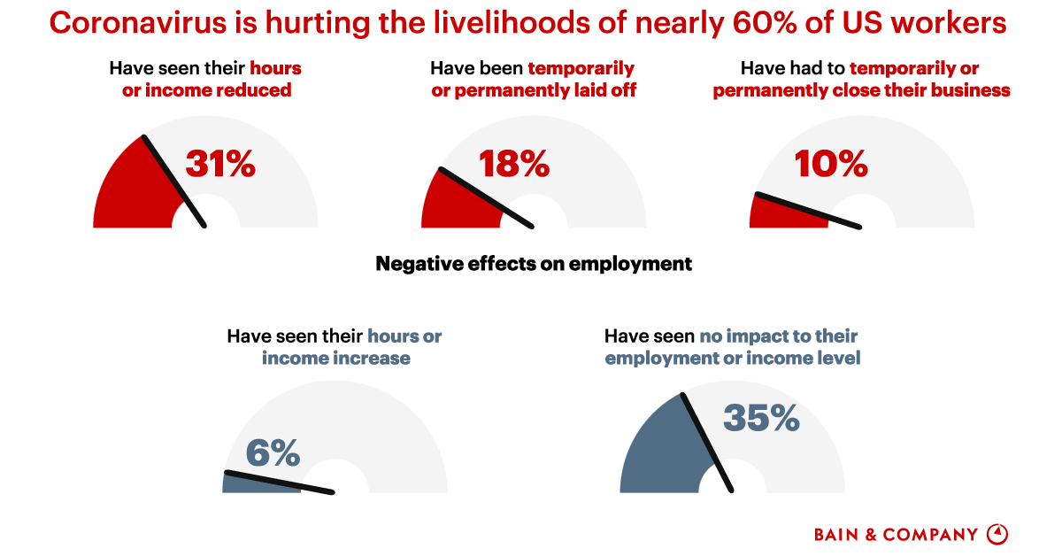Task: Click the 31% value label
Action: pos(220,164)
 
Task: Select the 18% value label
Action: pos(514,164)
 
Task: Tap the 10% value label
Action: pos(831,164)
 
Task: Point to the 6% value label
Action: pos(273,453)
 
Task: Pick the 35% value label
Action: pos(761,417)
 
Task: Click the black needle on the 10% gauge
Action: pos(806,211)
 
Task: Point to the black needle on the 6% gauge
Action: pos(279,483)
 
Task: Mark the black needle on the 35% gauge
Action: pos(706,441)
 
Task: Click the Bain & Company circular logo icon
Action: pos(997,534)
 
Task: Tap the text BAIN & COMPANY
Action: pos(896,535)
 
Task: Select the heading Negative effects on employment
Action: pos(534,264)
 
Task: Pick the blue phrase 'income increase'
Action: pos(335,359)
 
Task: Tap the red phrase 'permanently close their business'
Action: pos(861,90)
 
